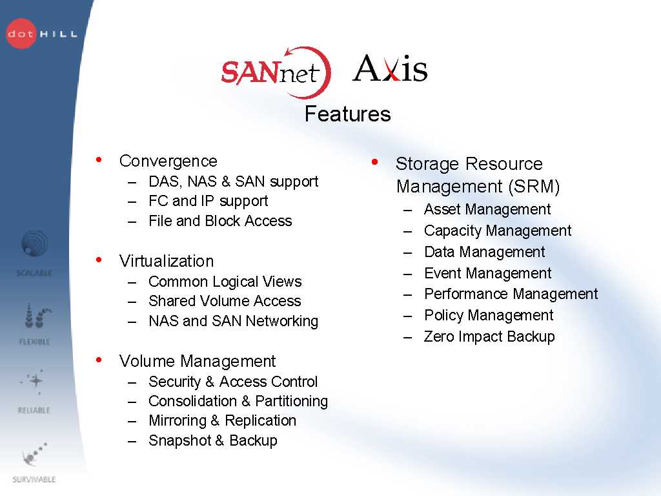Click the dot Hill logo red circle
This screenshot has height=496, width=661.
tap(21, 34)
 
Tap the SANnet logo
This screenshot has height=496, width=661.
tap(276, 72)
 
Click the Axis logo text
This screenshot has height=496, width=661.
tap(390, 68)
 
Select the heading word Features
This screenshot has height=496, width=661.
tap(348, 114)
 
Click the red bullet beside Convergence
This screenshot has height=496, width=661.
tap(99, 160)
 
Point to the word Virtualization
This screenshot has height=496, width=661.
tap(167, 261)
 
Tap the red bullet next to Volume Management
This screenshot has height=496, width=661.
tap(99, 360)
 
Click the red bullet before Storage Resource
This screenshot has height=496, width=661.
tap(374, 161)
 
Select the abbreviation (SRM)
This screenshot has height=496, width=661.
tap(534, 187)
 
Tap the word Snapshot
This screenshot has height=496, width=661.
tap(180, 440)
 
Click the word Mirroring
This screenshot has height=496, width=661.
tap(178, 421)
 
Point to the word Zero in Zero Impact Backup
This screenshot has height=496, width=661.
tap(439, 336)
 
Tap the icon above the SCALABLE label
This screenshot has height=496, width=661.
tap(34, 243)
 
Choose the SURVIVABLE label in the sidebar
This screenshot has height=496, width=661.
tap(34, 479)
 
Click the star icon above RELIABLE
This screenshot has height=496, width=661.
tap(36, 381)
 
